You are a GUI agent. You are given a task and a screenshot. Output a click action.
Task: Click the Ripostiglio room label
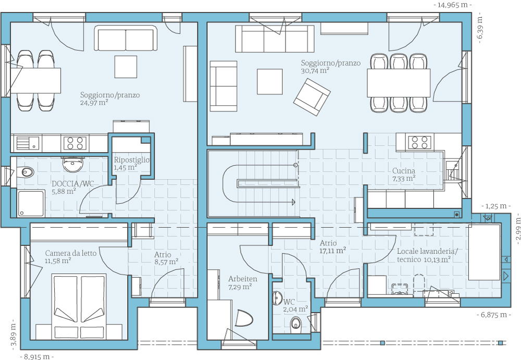tap(132, 160)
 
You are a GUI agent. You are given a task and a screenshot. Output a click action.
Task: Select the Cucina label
tap(404, 171)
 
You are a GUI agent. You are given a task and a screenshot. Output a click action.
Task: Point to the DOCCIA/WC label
tap(73, 184)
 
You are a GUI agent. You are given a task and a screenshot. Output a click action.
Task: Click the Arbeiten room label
tap(243, 279)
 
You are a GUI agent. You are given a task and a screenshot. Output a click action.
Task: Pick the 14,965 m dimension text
tap(453, 5)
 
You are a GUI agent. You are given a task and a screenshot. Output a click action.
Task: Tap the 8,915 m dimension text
tap(37, 356)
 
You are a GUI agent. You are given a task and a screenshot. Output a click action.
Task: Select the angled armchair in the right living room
tap(312, 97)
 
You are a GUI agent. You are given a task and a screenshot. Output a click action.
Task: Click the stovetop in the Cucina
tap(419, 142)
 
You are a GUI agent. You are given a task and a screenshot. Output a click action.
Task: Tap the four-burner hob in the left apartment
tap(75, 143)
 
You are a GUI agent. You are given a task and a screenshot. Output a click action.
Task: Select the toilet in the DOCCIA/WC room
tap(25, 171)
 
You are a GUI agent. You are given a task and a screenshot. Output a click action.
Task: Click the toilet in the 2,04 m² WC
tap(296, 322)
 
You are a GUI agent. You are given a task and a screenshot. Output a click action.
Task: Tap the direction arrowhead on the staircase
tap(293, 202)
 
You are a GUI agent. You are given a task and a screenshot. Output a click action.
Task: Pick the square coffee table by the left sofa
tap(126, 67)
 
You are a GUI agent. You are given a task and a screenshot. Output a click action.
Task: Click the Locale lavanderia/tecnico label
tap(427, 255)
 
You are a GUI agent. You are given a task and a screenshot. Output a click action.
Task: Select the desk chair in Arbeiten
tap(244, 318)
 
